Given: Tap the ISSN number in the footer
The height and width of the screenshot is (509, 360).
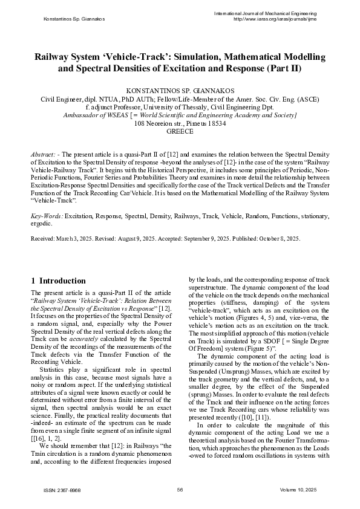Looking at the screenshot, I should point(58,490).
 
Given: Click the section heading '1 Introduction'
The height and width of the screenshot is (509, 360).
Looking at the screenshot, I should point(58,280).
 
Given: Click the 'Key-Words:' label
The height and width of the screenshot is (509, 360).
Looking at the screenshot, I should point(46,215).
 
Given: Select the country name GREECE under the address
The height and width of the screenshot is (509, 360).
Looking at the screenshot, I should point(180,131).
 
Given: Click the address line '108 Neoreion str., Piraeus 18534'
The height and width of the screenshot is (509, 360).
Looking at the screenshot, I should point(180,123).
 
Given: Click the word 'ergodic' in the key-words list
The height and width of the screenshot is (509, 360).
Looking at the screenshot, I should point(41,223).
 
